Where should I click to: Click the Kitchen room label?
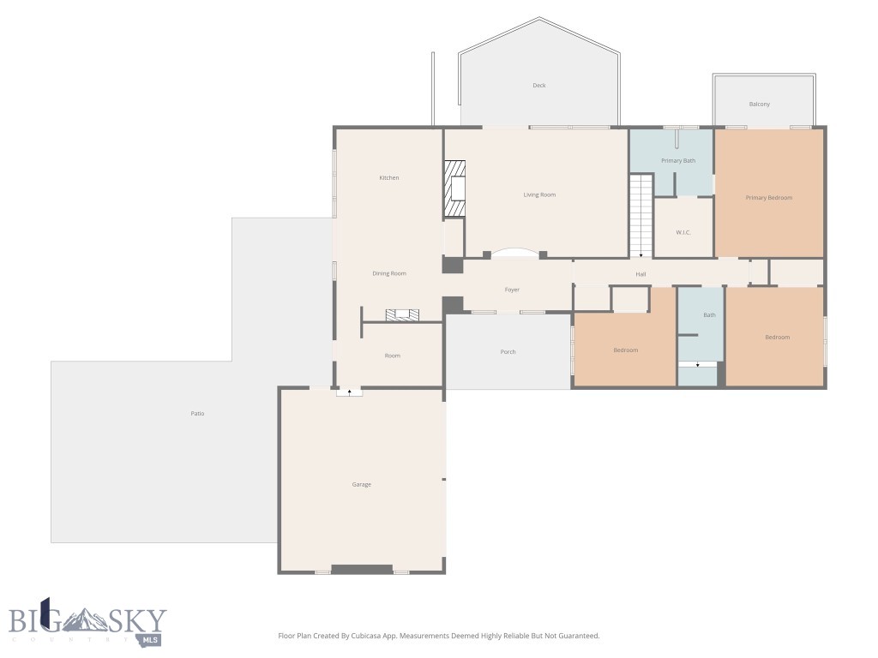(x=389, y=178)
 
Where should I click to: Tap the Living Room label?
(x=539, y=195)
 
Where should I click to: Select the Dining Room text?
(x=389, y=274)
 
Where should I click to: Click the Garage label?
(x=362, y=485)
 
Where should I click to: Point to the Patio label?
(x=197, y=414)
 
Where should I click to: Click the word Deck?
(x=538, y=86)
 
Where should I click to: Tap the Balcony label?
(x=759, y=105)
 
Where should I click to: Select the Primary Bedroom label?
(x=768, y=198)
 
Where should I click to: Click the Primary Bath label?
(x=677, y=161)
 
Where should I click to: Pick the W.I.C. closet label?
(x=683, y=232)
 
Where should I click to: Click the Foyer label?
(x=512, y=290)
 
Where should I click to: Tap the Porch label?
(x=508, y=352)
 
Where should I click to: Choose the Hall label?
(x=640, y=274)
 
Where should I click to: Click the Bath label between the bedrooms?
(x=709, y=315)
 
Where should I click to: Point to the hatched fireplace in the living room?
(x=454, y=188)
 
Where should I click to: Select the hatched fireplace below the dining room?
(x=402, y=315)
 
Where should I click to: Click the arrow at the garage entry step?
(x=349, y=392)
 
